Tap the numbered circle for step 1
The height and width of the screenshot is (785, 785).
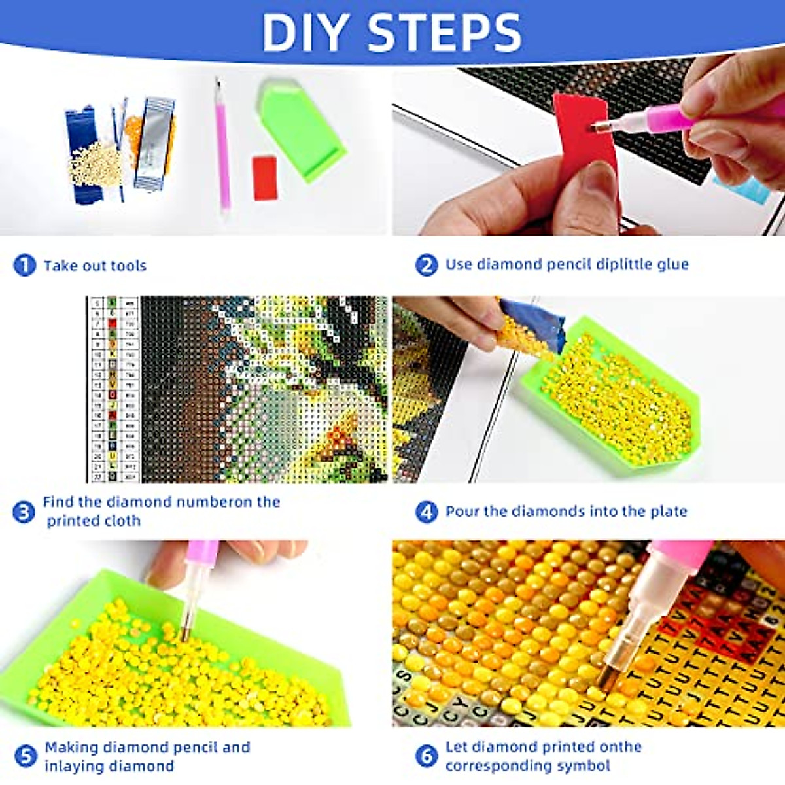(24, 265)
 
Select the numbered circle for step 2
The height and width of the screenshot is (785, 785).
(426, 265)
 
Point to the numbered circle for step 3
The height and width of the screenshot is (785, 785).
(24, 512)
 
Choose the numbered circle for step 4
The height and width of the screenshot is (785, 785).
(426, 512)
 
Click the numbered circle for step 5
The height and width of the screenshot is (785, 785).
(24, 757)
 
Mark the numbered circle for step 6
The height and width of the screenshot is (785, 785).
(426, 757)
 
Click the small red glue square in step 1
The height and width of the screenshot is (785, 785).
(266, 177)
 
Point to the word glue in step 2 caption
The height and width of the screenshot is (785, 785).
(672, 264)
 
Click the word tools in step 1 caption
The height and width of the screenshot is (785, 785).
(128, 266)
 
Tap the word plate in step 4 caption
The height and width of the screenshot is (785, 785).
(669, 512)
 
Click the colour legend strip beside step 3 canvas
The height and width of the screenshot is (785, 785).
(113, 389)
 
